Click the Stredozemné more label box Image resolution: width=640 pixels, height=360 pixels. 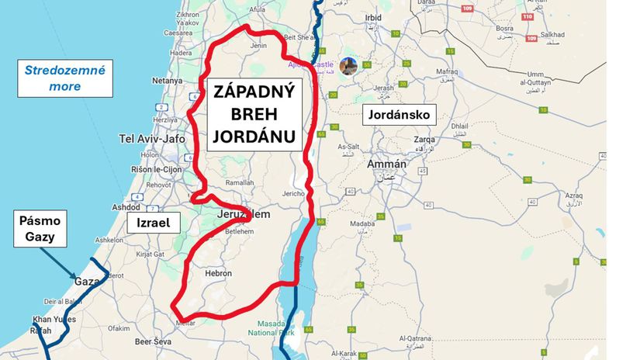[65, 78]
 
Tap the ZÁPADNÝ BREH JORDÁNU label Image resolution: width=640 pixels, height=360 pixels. [253, 116]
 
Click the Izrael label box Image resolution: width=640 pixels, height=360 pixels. [154, 223]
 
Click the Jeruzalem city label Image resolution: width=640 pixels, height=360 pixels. [244, 214]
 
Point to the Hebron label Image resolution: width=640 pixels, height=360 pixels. [218, 273]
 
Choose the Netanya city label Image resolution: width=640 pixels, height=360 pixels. [168, 80]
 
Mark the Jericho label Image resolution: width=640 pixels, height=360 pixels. [292, 193]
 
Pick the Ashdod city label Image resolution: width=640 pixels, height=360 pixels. [126, 207]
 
